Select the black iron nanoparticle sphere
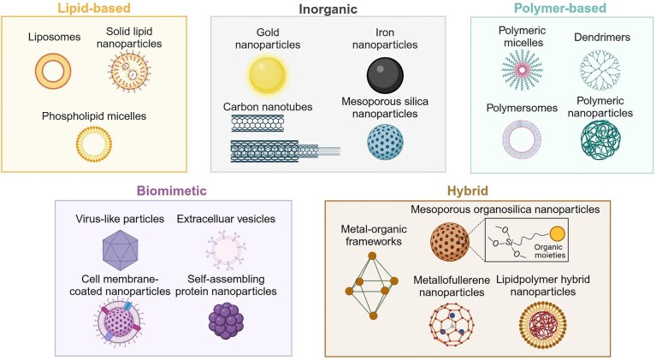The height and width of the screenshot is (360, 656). tap(385, 77)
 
